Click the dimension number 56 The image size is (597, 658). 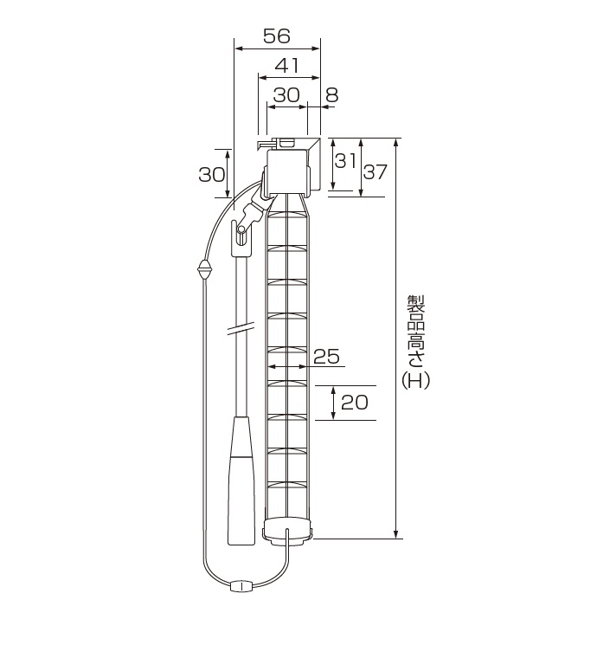click(x=277, y=36)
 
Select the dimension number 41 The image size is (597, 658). click(x=287, y=66)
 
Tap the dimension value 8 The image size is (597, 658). click(x=331, y=95)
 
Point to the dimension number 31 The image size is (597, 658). click(x=345, y=161)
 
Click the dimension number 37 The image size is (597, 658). click(x=375, y=171)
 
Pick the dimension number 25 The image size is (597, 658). click(x=326, y=357)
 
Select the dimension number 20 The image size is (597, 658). click(x=355, y=403)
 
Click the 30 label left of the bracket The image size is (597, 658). click(x=212, y=174)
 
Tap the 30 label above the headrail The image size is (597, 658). click(x=286, y=95)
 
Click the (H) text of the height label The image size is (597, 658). click(x=416, y=381)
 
